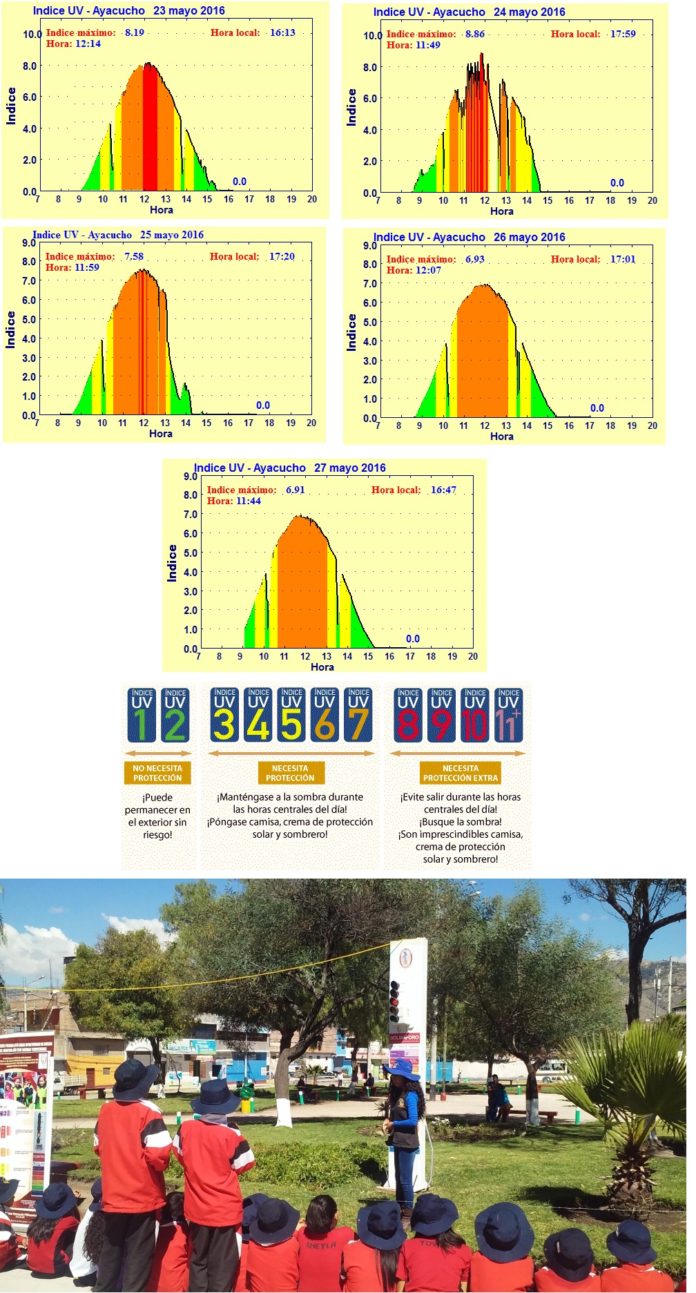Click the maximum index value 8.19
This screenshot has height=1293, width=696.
[x=135, y=32]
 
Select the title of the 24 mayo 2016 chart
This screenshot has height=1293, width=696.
[x=469, y=12]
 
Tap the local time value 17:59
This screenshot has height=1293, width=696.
[x=623, y=34]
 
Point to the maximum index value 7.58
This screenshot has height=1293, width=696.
[x=134, y=256]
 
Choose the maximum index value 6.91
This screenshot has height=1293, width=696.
[x=296, y=490]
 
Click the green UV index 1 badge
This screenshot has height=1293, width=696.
[x=142, y=715]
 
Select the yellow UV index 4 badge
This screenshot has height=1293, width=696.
[x=258, y=715]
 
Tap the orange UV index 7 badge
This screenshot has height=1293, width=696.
[x=358, y=715]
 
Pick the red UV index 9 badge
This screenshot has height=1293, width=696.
[x=441, y=715]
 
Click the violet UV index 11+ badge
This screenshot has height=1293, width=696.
[x=508, y=715]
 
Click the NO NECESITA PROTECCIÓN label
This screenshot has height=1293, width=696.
[x=157, y=773]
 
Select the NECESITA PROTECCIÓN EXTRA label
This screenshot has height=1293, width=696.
[x=461, y=773]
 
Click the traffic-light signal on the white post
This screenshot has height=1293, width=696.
[x=395, y=1002]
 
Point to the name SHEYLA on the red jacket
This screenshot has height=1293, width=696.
[x=321, y=1244]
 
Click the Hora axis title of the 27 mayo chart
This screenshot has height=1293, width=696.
[x=322, y=667]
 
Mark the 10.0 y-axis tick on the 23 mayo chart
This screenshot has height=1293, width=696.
[x=32, y=35]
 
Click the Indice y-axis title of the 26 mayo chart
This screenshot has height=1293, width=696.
[x=351, y=332]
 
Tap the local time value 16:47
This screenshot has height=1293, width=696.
[x=443, y=490]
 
